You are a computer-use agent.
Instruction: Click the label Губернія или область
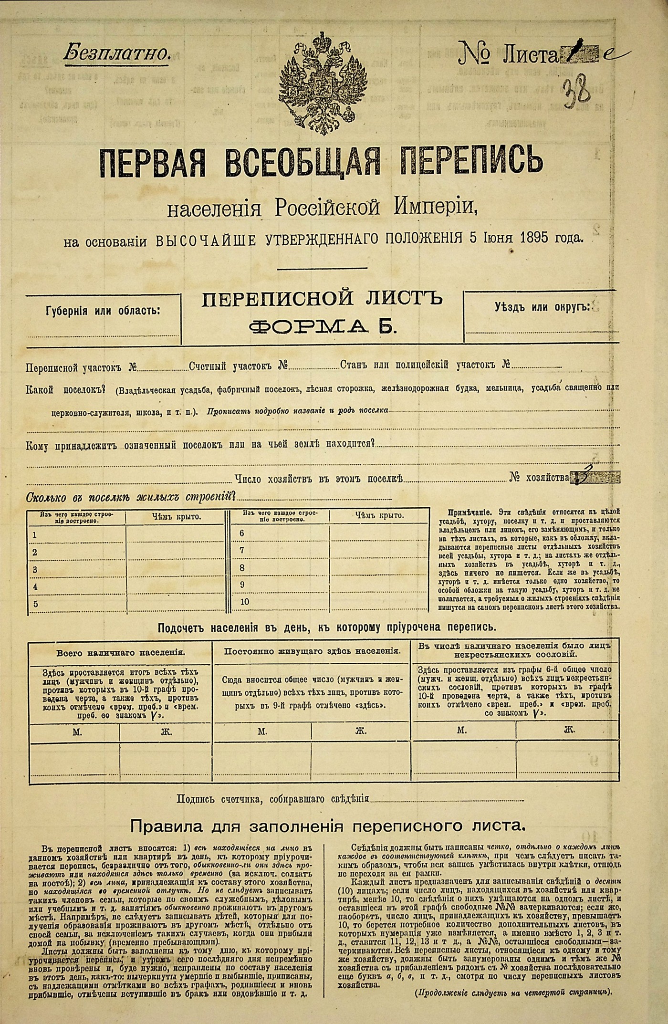(103, 311)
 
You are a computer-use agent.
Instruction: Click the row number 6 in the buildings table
(242, 533)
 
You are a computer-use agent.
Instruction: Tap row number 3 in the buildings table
(35, 570)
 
